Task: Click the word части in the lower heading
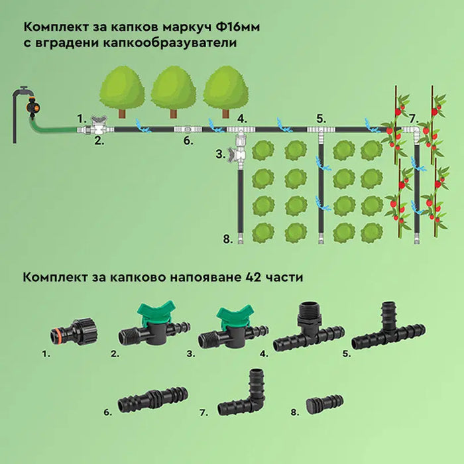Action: point(285,277)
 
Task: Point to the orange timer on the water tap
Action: point(30,107)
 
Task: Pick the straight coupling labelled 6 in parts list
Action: point(153,400)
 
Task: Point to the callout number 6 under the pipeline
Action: point(188,141)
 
